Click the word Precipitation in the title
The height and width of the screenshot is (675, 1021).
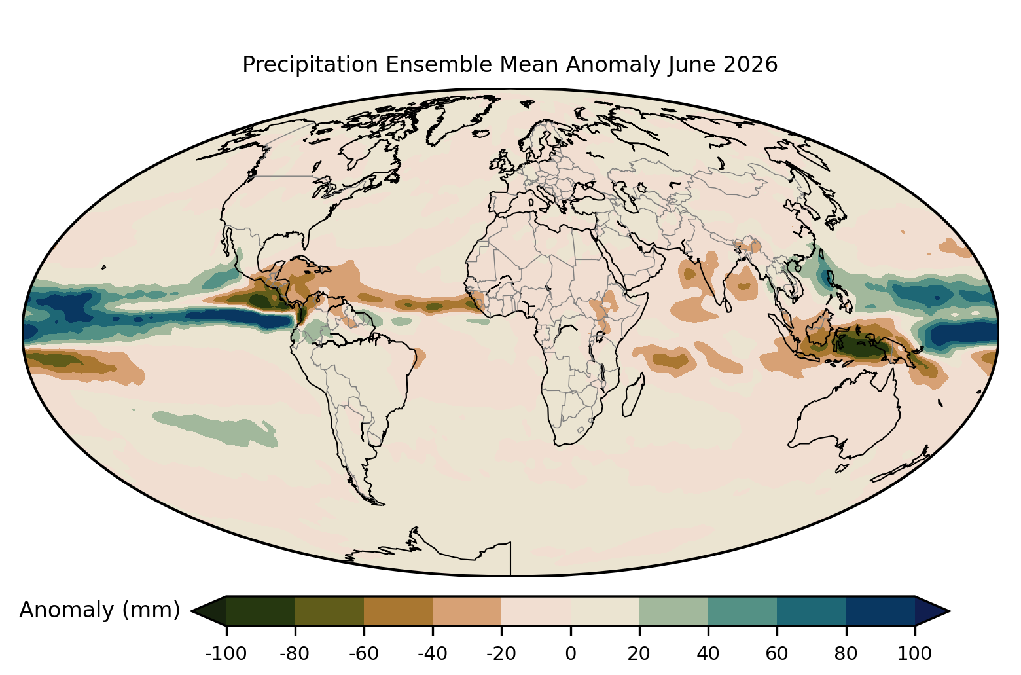(x=310, y=65)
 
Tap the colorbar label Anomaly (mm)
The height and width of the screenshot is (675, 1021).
(x=100, y=610)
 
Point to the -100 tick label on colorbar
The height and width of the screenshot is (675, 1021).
(x=226, y=654)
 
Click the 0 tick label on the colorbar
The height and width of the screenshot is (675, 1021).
(x=571, y=654)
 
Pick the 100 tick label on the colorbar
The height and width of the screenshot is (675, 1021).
(x=915, y=654)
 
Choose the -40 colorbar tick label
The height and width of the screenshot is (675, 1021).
(x=433, y=654)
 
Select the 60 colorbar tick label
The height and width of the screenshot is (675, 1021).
(x=777, y=654)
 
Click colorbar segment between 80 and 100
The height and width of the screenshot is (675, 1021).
(x=881, y=611)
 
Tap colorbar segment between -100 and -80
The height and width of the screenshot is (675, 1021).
(x=260, y=611)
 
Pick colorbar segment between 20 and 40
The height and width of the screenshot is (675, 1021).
(x=673, y=611)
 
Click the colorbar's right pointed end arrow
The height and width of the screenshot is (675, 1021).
(x=930, y=611)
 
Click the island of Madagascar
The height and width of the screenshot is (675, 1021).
(x=634, y=395)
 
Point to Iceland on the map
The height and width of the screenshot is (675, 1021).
(x=481, y=133)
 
